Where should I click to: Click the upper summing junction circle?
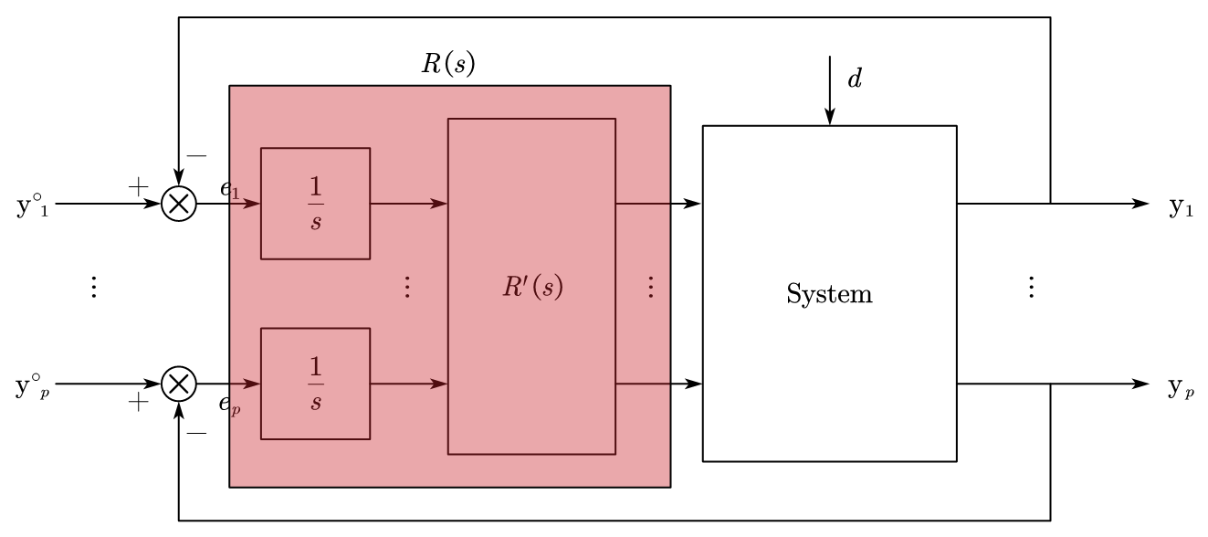coord(178,204)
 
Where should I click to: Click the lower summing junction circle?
coord(178,384)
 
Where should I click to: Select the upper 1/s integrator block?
coord(315,203)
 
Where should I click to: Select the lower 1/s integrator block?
coord(315,384)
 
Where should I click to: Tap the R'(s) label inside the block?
coord(532,287)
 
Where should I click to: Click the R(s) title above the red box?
coord(447,64)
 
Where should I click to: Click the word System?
coord(829,294)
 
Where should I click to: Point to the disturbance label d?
coord(855,79)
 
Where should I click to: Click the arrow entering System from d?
coord(829,91)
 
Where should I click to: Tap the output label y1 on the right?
coord(1182,206)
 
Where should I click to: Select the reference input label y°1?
coord(30,205)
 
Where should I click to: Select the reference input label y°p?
coord(30,386)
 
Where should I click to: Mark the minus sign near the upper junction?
coord(196,155)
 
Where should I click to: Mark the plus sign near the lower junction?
coord(137,401)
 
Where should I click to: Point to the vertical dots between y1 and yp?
coord(1031,288)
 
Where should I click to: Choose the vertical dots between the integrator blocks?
coord(408,288)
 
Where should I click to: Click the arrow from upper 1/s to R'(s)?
coord(408,203)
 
